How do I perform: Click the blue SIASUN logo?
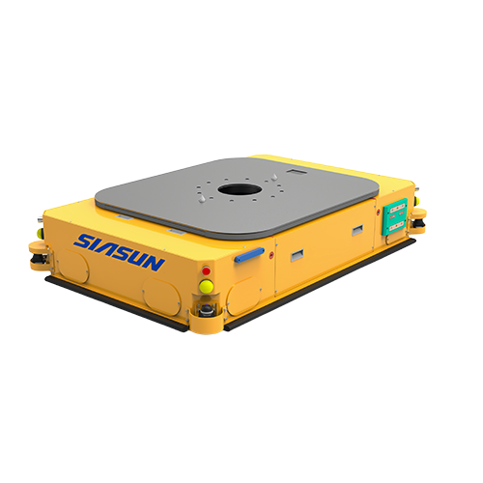click(x=119, y=252)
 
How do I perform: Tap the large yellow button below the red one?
click(x=206, y=286)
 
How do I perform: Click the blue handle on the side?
click(x=249, y=254)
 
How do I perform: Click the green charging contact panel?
click(x=395, y=216)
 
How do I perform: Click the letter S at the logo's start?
click(x=84, y=242)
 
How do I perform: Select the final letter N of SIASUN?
click(x=155, y=263)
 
